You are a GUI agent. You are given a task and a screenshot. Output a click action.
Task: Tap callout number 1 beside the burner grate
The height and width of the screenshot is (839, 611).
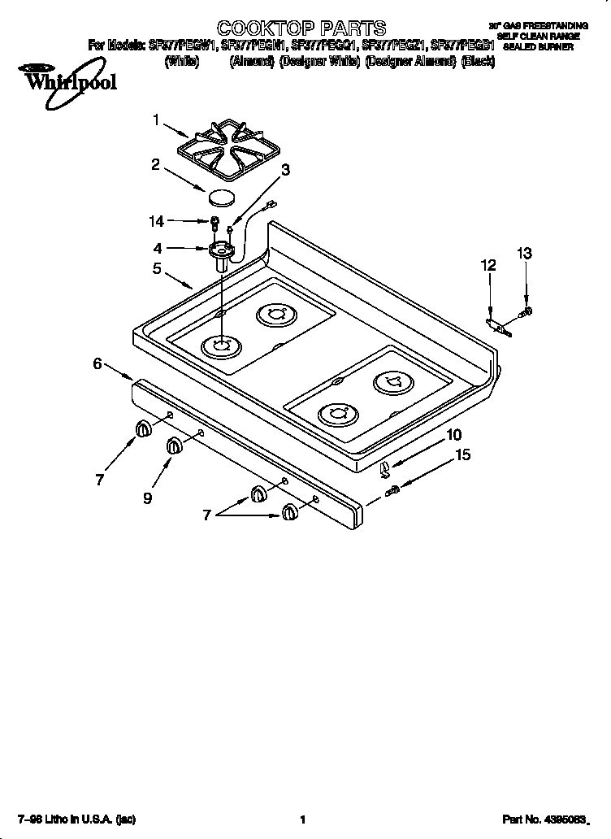(x=156, y=120)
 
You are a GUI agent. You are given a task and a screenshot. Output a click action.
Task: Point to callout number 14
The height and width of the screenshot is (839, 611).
(x=156, y=220)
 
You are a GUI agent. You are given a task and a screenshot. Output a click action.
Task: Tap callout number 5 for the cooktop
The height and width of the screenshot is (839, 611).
(x=156, y=268)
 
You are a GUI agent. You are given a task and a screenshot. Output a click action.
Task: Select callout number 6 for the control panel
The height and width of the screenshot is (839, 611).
(x=97, y=363)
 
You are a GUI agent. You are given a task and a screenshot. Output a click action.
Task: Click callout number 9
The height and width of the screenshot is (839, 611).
(x=147, y=499)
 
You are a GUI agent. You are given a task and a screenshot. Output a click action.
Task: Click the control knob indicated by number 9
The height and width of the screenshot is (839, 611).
(x=175, y=446)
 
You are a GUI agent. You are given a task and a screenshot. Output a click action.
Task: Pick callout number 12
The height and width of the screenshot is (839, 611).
(x=487, y=265)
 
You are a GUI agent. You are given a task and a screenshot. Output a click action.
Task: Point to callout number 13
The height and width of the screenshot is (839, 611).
(x=525, y=254)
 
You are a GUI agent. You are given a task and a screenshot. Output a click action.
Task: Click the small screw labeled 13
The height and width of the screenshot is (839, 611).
(x=526, y=311)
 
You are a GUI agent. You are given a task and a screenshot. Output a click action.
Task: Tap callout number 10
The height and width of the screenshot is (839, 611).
(x=453, y=435)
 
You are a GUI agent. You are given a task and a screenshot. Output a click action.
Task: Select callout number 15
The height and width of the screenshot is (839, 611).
(x=461, y=455)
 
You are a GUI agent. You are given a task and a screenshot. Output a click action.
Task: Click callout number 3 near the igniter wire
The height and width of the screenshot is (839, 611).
(x=285, y=169)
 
